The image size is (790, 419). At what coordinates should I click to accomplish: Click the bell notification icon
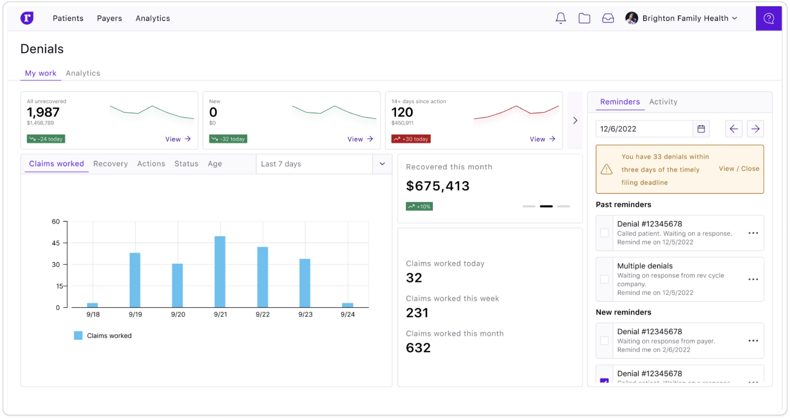coord(561,18)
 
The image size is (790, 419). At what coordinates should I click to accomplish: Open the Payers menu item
coord(109,18)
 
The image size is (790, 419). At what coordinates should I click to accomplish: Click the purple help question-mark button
coord(769,19)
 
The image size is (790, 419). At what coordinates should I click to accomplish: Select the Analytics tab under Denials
coord(83,73)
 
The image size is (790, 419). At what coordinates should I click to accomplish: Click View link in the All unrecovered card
coord(178,139)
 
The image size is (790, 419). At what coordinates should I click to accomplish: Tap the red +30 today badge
coord(411,139)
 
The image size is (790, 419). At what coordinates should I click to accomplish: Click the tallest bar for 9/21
coord(220,271)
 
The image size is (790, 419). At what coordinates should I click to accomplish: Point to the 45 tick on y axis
coord(56,243)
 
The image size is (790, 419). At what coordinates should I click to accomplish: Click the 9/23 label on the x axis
coord(305,314)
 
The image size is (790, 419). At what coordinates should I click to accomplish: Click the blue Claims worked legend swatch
coord(78,335)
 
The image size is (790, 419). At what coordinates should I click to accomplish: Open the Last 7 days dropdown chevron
coord(382,164)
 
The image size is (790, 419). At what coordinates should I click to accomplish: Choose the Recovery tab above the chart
coord(111,164)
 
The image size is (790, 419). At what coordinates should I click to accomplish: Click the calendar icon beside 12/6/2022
coord(701,129)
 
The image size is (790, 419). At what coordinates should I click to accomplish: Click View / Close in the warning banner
coord(739,169)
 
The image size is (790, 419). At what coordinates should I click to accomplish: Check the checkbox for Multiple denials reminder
coord(604,279)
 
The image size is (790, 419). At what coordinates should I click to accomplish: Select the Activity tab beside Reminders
coord(663,102)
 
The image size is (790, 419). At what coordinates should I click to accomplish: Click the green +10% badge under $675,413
coord(419,207)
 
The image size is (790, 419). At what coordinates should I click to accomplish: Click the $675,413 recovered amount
coord(438,186)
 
